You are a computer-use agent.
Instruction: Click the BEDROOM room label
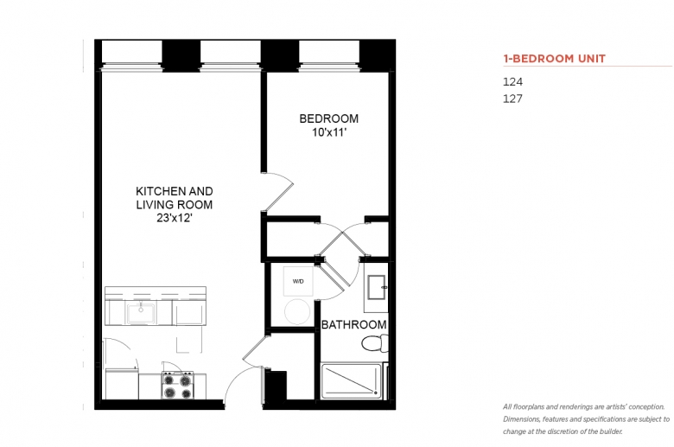[329, 118]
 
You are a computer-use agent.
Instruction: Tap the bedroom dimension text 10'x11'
[329, 132]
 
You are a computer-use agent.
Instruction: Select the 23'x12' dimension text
[174, 218]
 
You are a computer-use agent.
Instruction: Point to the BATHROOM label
[353, 325]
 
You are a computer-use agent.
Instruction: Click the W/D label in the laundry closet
[298, 281]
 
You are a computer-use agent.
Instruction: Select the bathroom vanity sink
[377, 287]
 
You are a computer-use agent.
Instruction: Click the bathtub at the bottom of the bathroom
[352, 380]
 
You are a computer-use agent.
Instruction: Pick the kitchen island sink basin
[140, 313]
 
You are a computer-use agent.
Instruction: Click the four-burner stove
[177, 386]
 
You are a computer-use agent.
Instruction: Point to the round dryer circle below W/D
[297, 312]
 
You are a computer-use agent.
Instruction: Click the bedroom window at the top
[329, 54]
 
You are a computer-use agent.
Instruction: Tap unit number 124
[512, 82]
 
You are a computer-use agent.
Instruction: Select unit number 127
[512, 99]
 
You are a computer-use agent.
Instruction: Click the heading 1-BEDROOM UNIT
[555, 59]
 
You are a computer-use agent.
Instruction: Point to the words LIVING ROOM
[174, 205]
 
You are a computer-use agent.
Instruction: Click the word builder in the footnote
[611, 431]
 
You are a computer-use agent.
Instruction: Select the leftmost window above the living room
[131, 54]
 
